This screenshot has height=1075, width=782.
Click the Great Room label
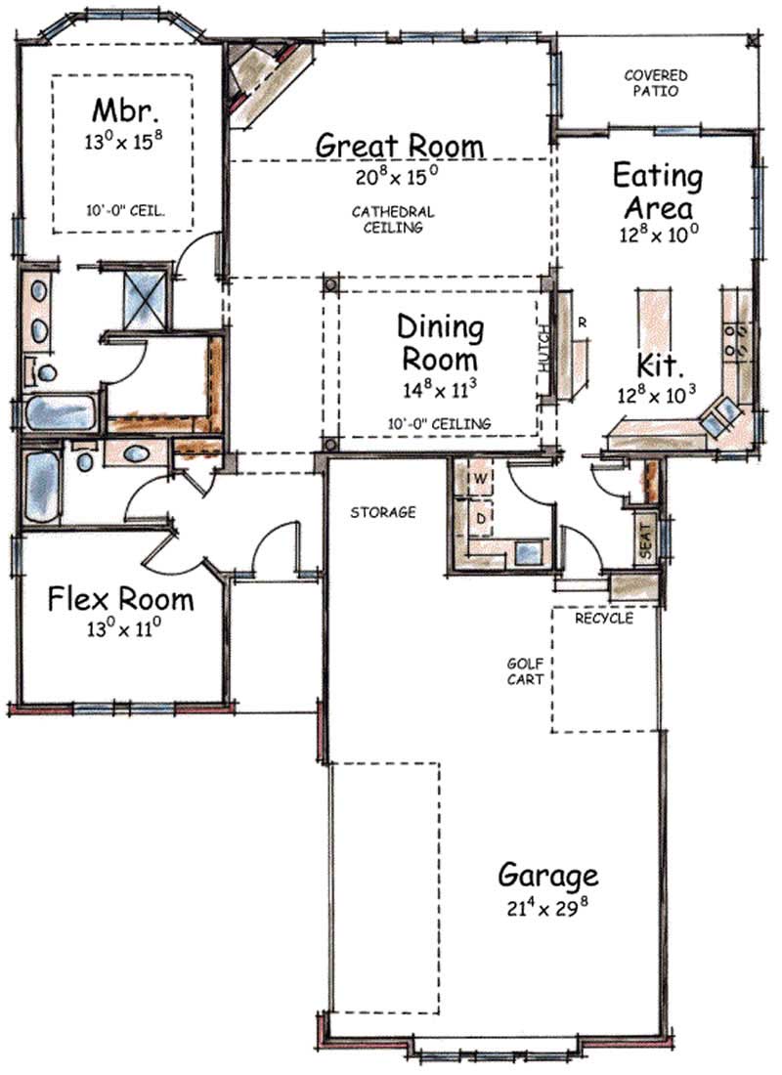399,146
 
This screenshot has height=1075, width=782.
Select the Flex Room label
120,598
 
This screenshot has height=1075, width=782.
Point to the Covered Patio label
656,83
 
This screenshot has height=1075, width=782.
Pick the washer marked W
481,479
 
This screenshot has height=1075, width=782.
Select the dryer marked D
481,514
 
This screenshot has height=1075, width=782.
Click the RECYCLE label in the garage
603,619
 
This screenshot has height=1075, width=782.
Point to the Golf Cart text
525,670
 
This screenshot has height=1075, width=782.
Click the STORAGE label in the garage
384,512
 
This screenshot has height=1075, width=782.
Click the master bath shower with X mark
147,297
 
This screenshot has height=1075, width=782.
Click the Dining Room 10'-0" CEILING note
438,423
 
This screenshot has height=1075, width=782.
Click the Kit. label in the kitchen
657,366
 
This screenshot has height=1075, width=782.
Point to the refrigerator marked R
581,322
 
